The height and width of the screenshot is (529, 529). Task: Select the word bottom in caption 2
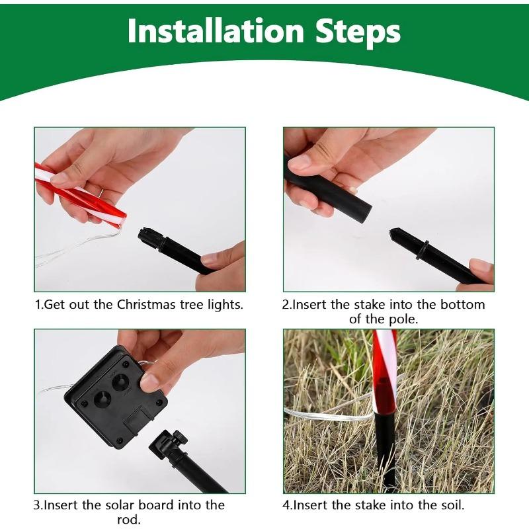point(458,305)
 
